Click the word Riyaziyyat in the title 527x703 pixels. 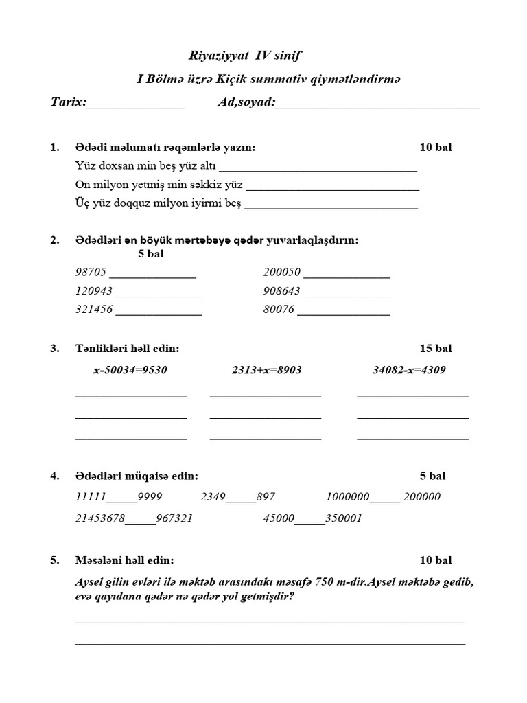pyautogui.click(x=214, y=56)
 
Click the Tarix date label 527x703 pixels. pyautogui.click(x=69, y=102)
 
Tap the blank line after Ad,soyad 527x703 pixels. pyautogui.click(x=377, y=104)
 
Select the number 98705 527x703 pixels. pyautogui.click(x=92, y=273)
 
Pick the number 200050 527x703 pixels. pyautogui.click(x=281, y=273)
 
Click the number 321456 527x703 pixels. pyautogui.click(x=94, y=309)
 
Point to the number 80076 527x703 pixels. pyautogui.click(x=279, y=309)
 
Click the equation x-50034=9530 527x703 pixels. pyautogui.click(x=130, y=370)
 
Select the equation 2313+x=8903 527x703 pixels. pyautogui.click(x=267, y=370)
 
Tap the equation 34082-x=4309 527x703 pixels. pyautogui.click(x=409, y=370)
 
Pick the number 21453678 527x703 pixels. pyautogui.click(x=99, y=518)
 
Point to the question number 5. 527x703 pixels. pyautogui.click(x=55, y=560)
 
